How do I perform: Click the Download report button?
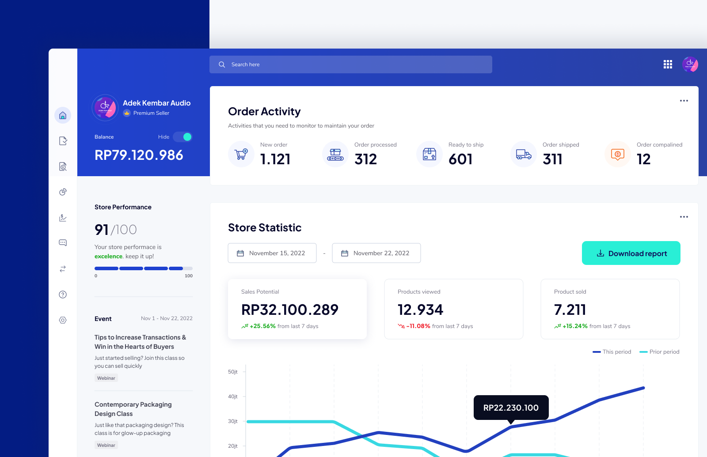click(x=631, y=253)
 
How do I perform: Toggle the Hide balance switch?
click(x=182, y=137)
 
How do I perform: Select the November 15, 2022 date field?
click(x=272, y=253)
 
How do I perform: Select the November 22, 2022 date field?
click(x=376, y=253)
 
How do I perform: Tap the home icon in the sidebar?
click(x=63, y=115)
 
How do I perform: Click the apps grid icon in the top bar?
click(x=668, y=64)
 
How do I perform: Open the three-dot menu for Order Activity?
click(x=684, y=101)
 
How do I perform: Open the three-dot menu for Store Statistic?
click(x=684, y=217)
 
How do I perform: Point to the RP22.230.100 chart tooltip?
click(x=511, y=408)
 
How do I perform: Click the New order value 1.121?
click(x=275, y=159)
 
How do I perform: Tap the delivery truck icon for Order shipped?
click(x=524, y=154)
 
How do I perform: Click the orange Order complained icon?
click(x=618, y=154)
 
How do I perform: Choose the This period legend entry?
click(x=612, y=352)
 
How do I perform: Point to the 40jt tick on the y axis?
click(x=233, y=397)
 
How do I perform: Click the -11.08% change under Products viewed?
click(x=418, y=326)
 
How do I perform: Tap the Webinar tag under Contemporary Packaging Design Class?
click(x=106, y=445)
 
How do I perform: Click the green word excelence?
click(x=108, y=256)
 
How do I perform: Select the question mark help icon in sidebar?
click(x=63, y=295)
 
